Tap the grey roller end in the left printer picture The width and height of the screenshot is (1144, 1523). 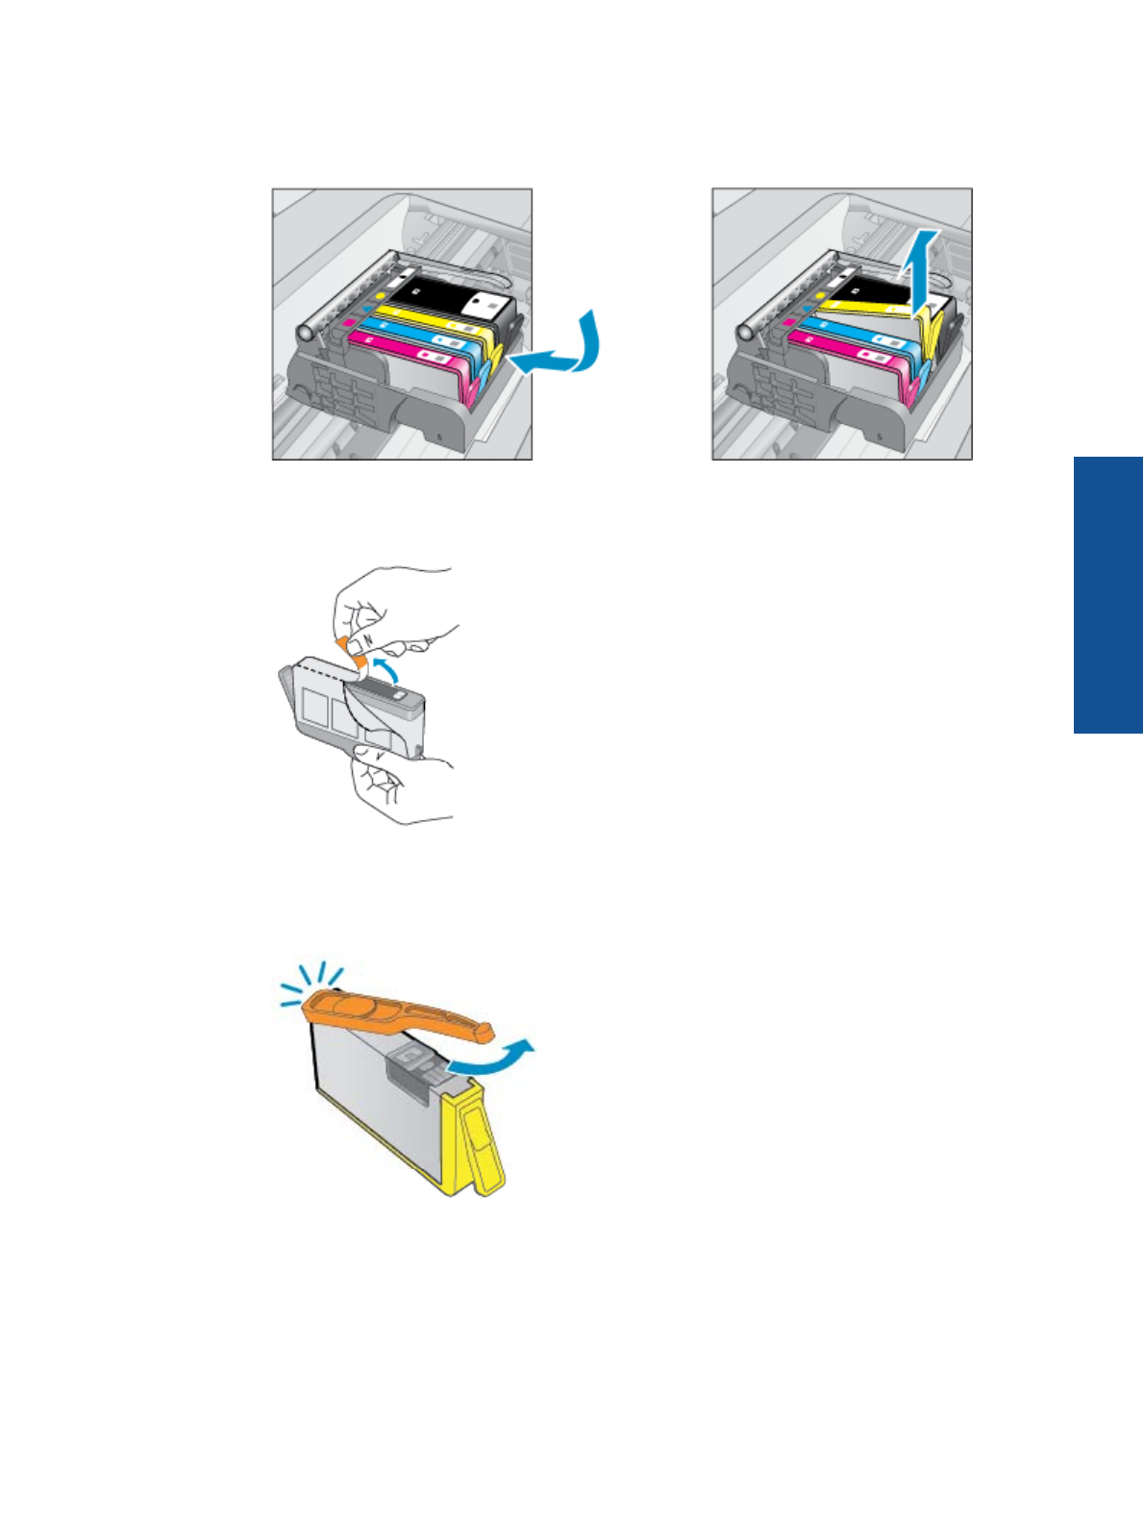[x=307, y=333]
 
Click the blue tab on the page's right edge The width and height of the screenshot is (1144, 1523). [x=1108, y=595]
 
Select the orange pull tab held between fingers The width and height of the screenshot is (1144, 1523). [x=352, y=651]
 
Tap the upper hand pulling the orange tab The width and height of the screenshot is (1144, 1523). [x=394, y=606]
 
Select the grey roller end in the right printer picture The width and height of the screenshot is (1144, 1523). [x=746, y=333]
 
